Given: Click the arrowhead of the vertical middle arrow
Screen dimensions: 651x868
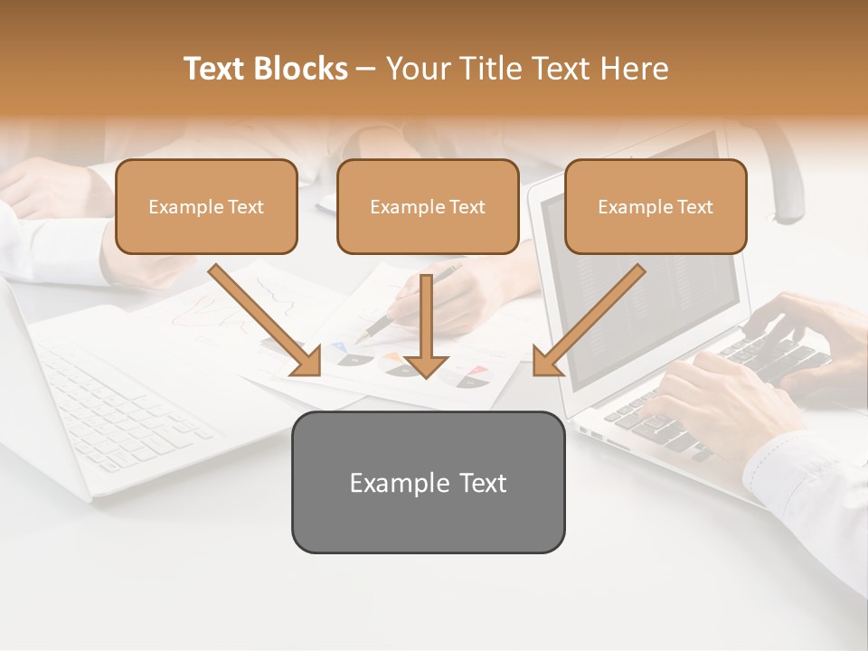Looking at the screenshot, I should click(426, 366).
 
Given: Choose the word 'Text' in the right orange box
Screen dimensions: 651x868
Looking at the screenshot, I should click(694, 207).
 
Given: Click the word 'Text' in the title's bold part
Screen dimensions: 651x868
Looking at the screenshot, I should click(217, 69).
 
